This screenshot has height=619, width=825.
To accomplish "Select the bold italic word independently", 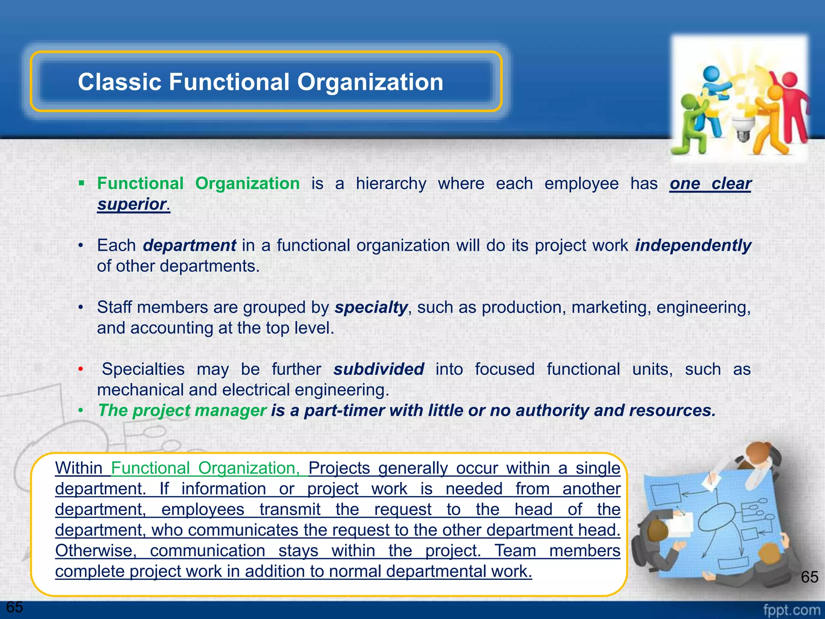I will pos(693,245).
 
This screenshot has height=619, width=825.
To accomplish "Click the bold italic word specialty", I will pos(371,307).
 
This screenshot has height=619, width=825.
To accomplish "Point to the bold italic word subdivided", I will pos(378,369).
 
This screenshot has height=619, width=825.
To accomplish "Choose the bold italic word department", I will pos(189,245).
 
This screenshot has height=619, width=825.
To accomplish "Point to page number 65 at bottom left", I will pos(15,607).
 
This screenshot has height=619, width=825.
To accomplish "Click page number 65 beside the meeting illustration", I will pos(809,577).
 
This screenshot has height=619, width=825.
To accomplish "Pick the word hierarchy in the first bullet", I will pos(391,184).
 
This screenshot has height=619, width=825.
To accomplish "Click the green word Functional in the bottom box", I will pos(150,468).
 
